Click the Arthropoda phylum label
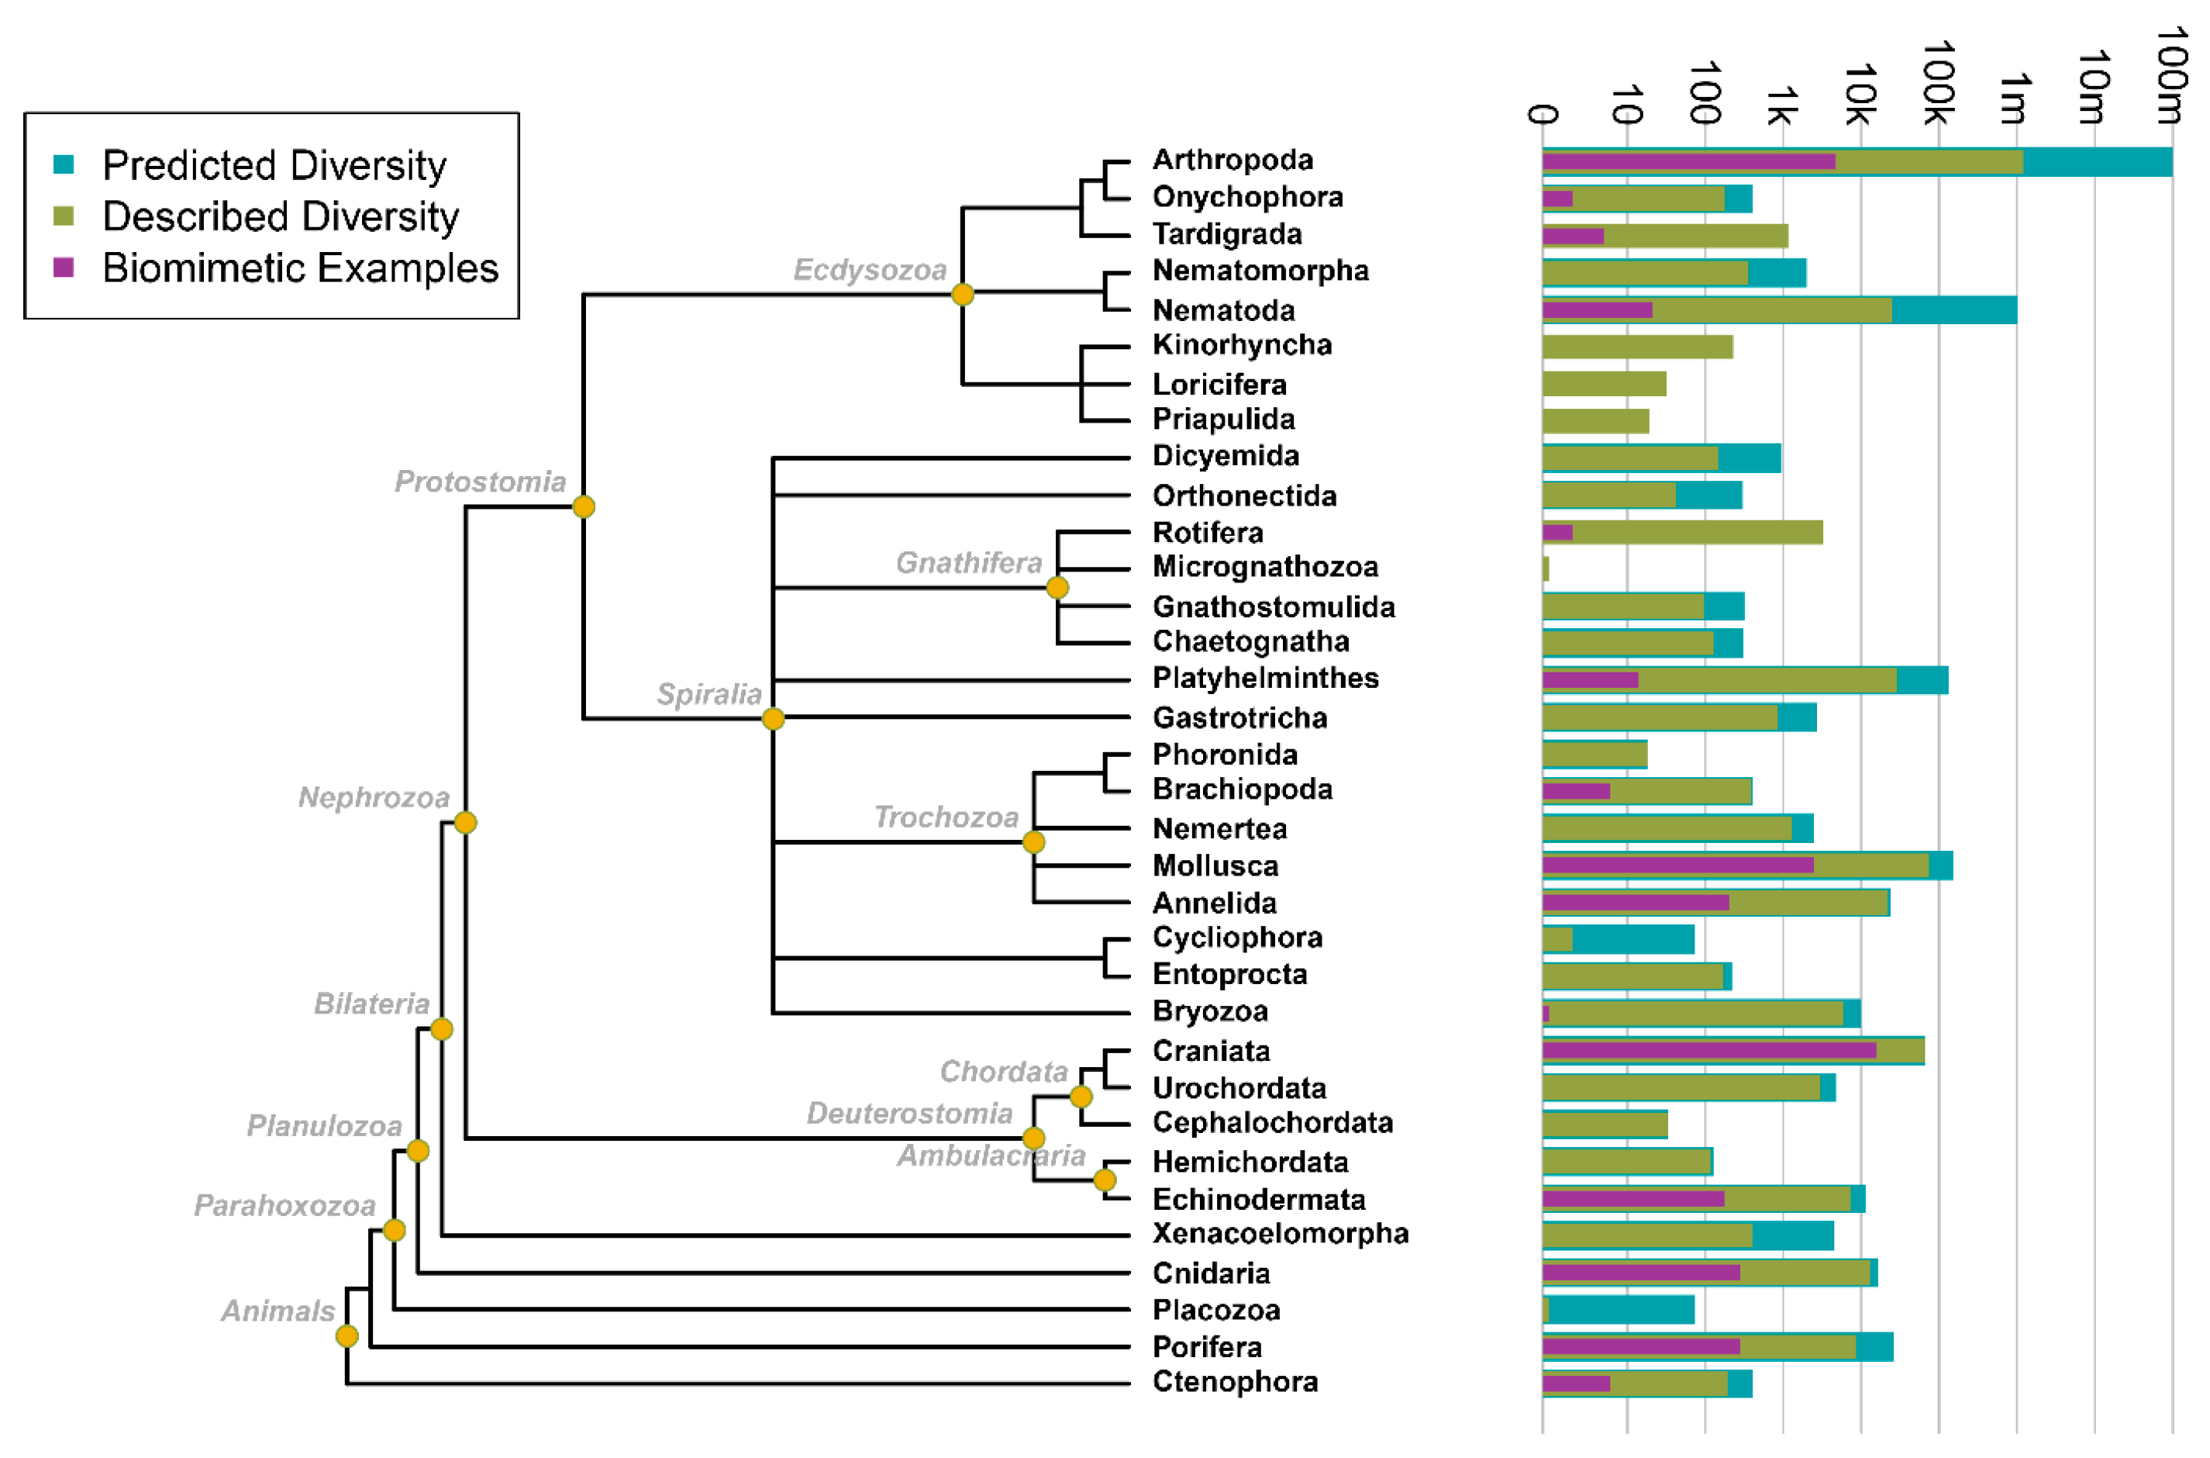pos(1233,160)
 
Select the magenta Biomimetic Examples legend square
pos(64,268)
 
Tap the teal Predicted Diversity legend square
pos(64,164)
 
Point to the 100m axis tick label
pos(2170,74)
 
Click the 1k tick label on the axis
pos(1780,104)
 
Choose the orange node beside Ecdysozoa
pos(963,295)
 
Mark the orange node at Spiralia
pos(773,719)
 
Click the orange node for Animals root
pos(346,1336)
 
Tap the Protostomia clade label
pos(480,482)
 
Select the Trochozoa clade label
pos(946,817)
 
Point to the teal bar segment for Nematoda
pos(1953,309)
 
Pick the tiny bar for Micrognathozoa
pos(1546,568)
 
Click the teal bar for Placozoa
pos(1621,1310)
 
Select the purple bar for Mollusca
pos(1677,865)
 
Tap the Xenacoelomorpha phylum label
pos(1281,1234)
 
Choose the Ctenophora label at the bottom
pos(1235,1383)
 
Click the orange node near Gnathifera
pos(1057,588)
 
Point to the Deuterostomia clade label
pos(909,1114)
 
